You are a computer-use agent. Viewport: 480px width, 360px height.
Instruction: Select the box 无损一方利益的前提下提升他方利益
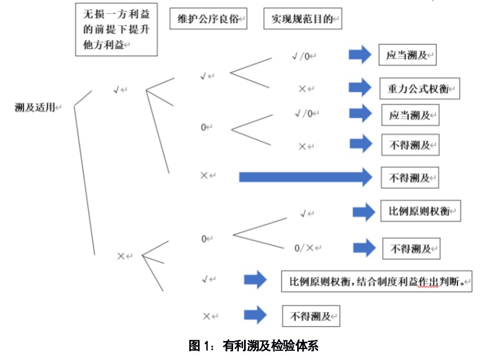pos(117,30)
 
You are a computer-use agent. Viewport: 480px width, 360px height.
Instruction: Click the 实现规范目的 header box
pos(302,20)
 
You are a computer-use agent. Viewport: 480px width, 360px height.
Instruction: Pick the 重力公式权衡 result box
pos(419,89)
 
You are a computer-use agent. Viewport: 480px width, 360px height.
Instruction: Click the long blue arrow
pos(306,177)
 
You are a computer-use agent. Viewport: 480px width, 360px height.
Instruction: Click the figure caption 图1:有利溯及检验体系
pos(254,346)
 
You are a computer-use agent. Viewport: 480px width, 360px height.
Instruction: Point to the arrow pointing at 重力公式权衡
pos(360,88)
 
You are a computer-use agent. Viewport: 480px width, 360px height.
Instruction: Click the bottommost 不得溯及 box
pos(310,316)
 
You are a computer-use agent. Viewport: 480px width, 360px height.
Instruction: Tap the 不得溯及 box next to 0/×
pos(411,249)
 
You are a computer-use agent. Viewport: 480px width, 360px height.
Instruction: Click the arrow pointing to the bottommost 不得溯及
pos(255,315)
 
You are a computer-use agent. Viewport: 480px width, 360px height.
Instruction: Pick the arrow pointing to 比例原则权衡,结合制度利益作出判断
pos(255,280)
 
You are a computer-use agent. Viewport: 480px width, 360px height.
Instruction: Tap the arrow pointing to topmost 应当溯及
pos(360,55)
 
